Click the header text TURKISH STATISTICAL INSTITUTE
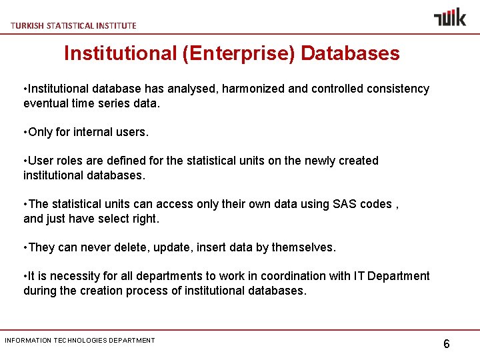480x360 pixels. tap(73, 25)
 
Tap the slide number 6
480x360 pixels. tap(446, 344)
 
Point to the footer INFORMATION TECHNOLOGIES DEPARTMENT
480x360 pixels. tap(80, 341)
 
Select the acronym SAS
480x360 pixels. tap(344, 204)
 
